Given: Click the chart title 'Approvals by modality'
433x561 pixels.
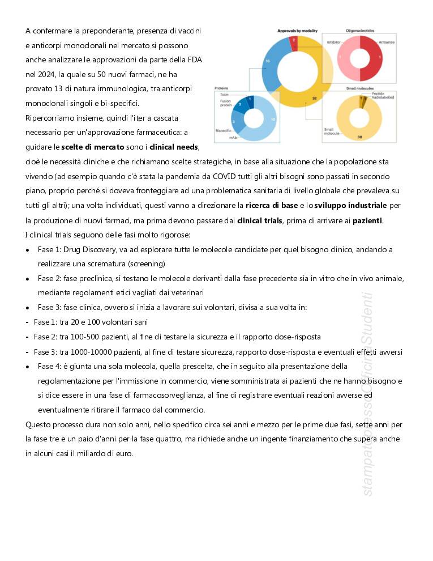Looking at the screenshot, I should (297, 30).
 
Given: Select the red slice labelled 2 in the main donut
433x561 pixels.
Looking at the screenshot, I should (293, 41).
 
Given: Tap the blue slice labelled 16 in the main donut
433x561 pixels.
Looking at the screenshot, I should (267, 61).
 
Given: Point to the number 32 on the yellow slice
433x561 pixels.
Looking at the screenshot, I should (314, 98).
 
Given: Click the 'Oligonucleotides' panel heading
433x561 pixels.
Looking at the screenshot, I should (360, 30).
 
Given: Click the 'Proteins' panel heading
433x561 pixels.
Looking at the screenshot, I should (221, 88).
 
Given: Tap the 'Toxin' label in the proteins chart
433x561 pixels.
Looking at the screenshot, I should (225, 94).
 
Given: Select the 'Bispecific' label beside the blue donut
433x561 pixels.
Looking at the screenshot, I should (224, 130).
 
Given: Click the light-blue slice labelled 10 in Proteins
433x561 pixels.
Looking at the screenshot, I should (272, 120).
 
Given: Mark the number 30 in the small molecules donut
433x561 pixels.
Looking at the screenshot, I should (359, 137).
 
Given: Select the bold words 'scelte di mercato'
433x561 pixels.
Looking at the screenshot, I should (93, 147).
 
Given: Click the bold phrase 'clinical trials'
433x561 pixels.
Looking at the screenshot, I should (260, 220).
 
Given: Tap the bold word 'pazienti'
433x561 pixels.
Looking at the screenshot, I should (368, 220).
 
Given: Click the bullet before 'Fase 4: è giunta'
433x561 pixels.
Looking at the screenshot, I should (28, 367).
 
